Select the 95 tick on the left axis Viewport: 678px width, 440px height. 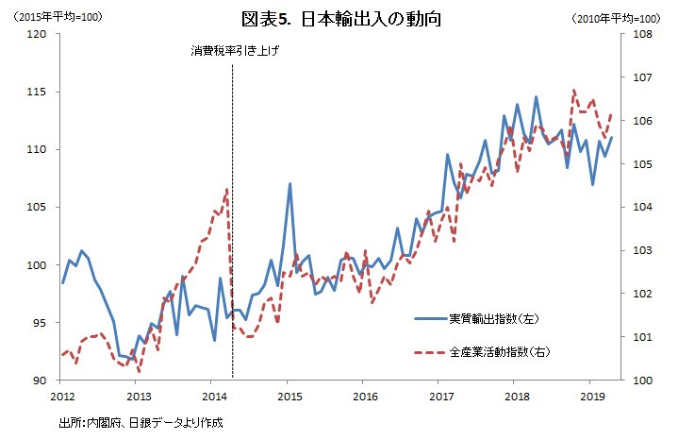click(x=40, y=323)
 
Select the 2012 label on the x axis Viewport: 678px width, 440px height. click(x=62, y=396)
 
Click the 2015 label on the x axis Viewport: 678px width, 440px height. click(x=289, y=396)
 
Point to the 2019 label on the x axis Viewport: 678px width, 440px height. click(x=590, y=396)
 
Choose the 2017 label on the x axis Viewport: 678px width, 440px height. click(x=439, y=396)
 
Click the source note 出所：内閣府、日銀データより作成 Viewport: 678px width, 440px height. click(x=141, y=422)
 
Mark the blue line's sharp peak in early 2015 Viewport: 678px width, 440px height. click(x=289, y=184)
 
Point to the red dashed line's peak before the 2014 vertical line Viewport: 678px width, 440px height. click(x=227, y=190)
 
